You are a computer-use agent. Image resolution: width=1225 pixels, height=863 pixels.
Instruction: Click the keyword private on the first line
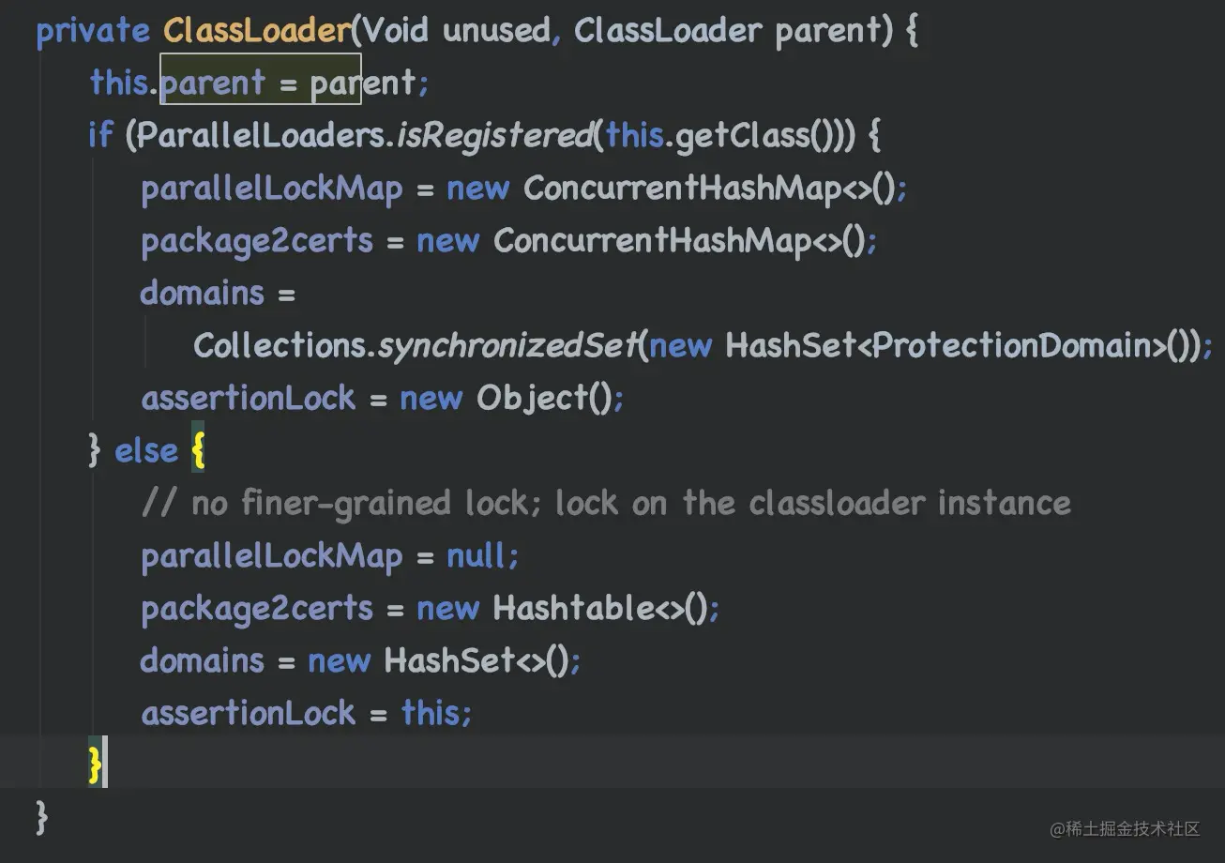92,31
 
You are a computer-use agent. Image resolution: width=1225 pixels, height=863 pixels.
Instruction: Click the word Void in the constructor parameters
394,31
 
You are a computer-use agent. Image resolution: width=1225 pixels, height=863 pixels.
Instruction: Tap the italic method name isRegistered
493,136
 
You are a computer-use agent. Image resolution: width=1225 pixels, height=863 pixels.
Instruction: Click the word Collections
279,346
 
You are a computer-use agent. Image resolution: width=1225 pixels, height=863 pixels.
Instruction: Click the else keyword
145,451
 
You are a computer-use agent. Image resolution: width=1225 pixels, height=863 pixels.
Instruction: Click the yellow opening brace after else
197,451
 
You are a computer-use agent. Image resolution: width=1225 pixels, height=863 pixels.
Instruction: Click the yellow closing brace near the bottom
94,764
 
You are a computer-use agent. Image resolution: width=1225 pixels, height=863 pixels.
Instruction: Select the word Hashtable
573,609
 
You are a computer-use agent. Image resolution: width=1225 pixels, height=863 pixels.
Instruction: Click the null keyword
477,556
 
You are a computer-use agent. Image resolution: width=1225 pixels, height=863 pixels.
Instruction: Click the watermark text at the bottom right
1126,829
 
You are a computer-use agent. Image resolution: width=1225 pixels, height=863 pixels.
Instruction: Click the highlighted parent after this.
213,83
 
